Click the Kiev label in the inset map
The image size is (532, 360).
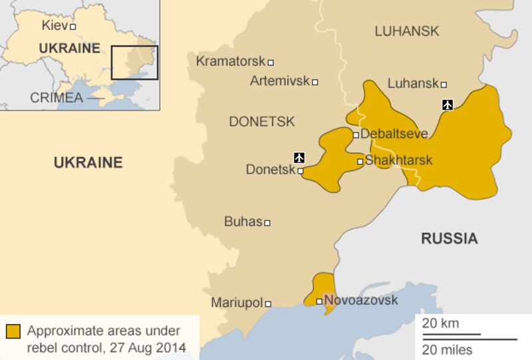pyautogui.click(x=54, y=26)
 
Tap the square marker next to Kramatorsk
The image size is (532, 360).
pyautogui.click(x=271, y=63)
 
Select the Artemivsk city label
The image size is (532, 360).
pyautogui.click(x=279, y=81)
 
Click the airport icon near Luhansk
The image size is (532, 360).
pyautogui.click(x=448, y=104)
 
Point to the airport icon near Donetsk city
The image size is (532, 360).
pyautogui.click(x=299, y=158)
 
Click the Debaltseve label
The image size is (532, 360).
pyautogui.click(x=394, y=134)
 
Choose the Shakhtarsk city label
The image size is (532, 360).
pyautogui.click(x=398, y=160)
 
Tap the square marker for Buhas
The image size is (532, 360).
pyautogui.click(x=267, y=223)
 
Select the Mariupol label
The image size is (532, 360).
pyautogui.click(x=237, y=303)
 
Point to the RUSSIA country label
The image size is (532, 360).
pyautogui.click(x=449, y=239)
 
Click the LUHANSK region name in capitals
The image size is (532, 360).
pyautogui.click(x=407, y=31)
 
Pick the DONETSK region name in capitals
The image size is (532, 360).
pyautogui.click(x=261, y=122)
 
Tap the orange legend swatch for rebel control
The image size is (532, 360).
pyautogui.click(x=13, y=331)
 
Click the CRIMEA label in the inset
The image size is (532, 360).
pyautogui.click(x=57, y=98)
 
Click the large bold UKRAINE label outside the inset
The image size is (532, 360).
pyautogui.click(x=88, y=163)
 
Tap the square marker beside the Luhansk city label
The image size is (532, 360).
pyautogui.click(x=444, y=85)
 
